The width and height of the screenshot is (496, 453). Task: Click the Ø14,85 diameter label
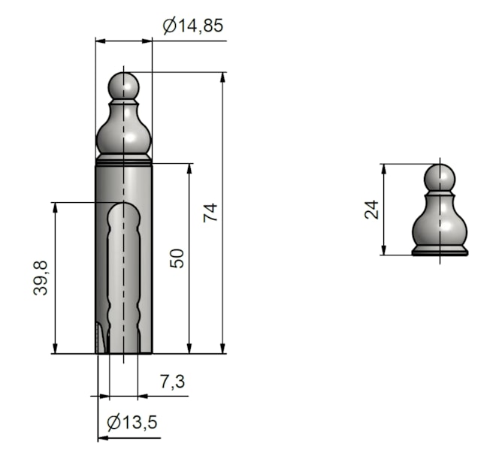pyautogui.click(x=193, y=26)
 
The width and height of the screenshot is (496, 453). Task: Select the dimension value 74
pyautogui.click(x=210, y=213)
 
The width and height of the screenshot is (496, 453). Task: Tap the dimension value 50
pyautogui.click(x=177, y=258)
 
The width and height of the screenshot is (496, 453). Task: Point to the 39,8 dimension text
pyautogui.click(x=40, y=278)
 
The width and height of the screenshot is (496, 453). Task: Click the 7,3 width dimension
pyautogui.click(x=173, y=381)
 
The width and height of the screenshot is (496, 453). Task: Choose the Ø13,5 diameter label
pyautogui.click(x=132, y=422)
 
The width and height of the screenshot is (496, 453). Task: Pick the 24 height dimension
pyautogui.click(x=371, y=210)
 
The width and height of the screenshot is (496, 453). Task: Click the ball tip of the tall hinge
pyautogui.click(x=123, y=86)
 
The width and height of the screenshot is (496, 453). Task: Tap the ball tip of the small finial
pyautogui.click(x=440, y=177)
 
